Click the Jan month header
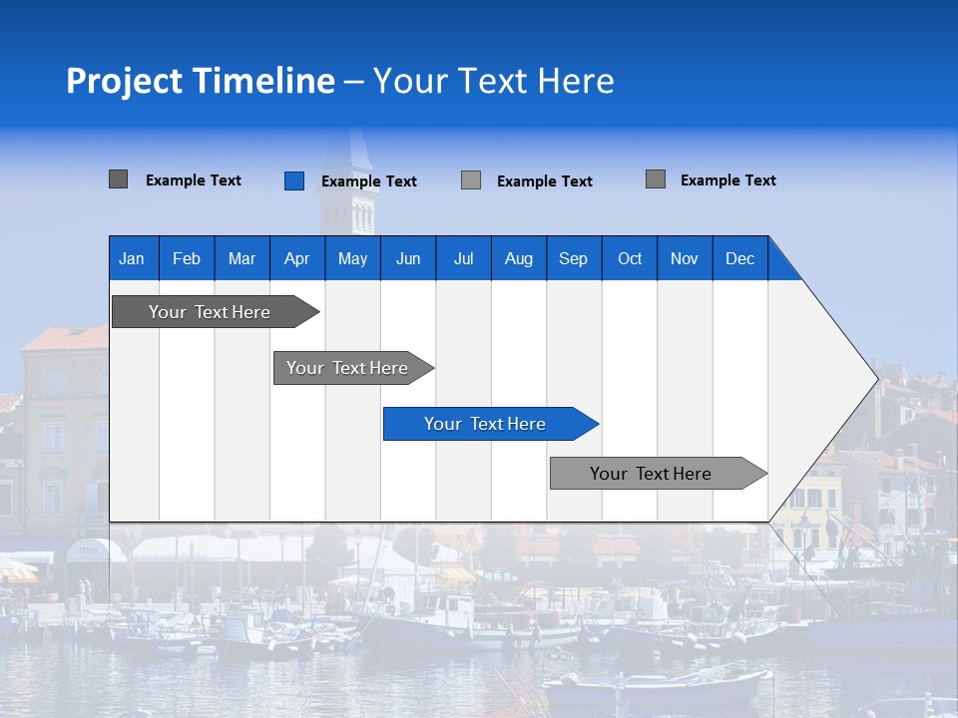(133, 258)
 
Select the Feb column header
(187, 258)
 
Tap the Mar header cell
(241, 258)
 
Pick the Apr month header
(297, 258)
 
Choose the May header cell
(352, 258)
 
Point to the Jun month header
(408, 258)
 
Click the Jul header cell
(463, 258)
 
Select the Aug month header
(519, 258)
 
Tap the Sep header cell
(574, 258)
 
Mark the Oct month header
(630, 258)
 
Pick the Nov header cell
(685, 258)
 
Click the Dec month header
(740, 258)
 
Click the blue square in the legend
(294, 180)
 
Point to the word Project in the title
(125, 81)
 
